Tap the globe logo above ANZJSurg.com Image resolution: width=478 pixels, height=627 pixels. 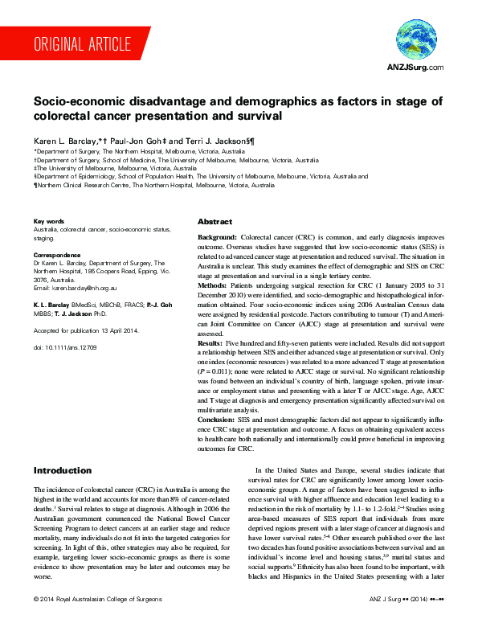[x=415, y=39]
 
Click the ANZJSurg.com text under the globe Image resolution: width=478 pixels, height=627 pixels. [x=415, y=68]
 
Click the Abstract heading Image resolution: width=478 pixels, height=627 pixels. [x=214, y=222]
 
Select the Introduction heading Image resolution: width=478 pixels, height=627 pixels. [x=63, y=469]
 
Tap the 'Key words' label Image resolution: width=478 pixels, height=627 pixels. [x=48, y=221]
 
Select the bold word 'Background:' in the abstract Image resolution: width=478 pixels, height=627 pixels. [x=218, y=239]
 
